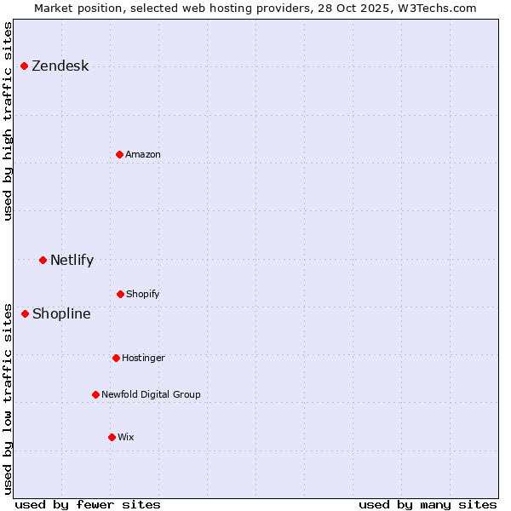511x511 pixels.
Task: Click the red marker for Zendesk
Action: pyautogui.click(x=25, y=66)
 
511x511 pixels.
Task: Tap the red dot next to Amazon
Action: pyautogui.click(x=119, y=154)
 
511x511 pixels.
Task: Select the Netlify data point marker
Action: pyautogui.click(x=43, y=260)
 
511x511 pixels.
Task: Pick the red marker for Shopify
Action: pyautogui.click(x=120, y=294)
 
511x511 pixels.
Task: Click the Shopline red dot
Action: pyautogui.click(x=26, y=313)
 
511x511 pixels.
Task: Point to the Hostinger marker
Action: pyautogui.click(x=116, y=358)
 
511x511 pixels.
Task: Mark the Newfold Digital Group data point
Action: pyautogui.click(x=95, y=394)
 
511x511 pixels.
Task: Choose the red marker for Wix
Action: pyautogui.click(x=112, y=437)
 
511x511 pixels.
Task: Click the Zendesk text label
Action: pyautogui.click(x=60, y=66)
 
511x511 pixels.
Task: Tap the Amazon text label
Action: pyautogui.click(x=143, y=154)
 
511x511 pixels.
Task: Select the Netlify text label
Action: pyautogui.click(x=72, y=260)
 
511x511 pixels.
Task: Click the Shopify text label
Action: pyautogui.click(x=143, y=294)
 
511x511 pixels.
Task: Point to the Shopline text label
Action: pyautogui.click(x=61, y=313)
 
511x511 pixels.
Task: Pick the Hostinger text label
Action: pyautogui.click(x=143, y=358)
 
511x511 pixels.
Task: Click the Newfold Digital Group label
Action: pyautogui.click(x=151, y=394)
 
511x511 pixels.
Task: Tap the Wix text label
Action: pyautogui.click(x=126, y=437)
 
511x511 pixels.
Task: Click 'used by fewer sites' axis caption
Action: pyautogui.click(x=88, y=505)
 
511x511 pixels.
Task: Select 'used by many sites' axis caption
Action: pyautogui.click(x=428, y=505)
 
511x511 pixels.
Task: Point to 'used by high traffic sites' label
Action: pyautogui.click(x=8, y=121)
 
